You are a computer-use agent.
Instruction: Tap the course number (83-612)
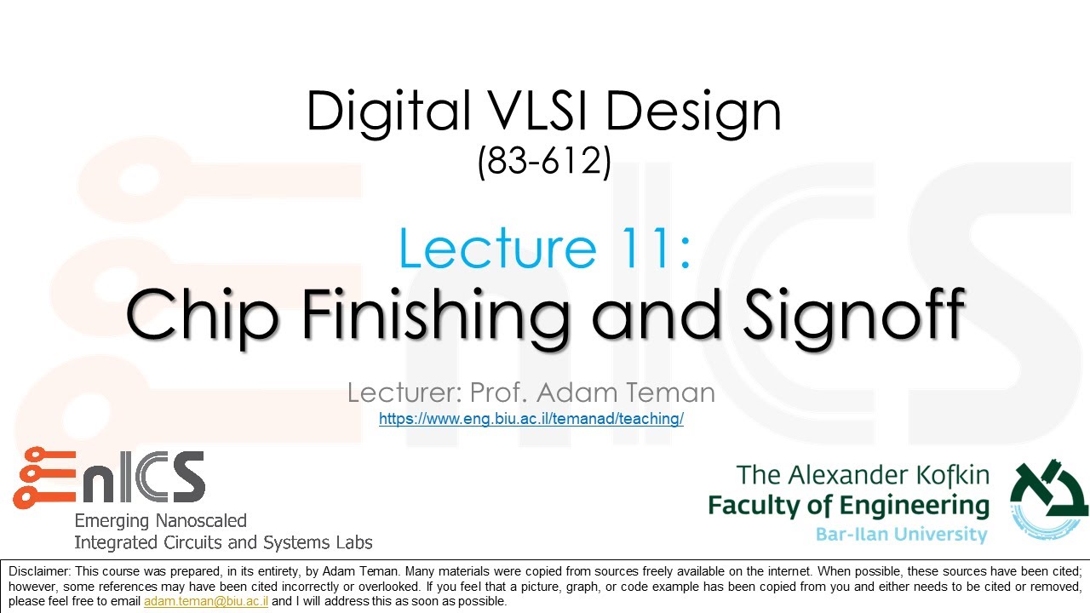tap(544, 161)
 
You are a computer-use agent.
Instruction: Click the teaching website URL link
tap(531, 419)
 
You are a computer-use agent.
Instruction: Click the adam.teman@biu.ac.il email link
tap(206, 600)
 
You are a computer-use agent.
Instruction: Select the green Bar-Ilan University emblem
tap(1048, 502)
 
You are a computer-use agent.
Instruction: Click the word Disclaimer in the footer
tap(40, 570)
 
